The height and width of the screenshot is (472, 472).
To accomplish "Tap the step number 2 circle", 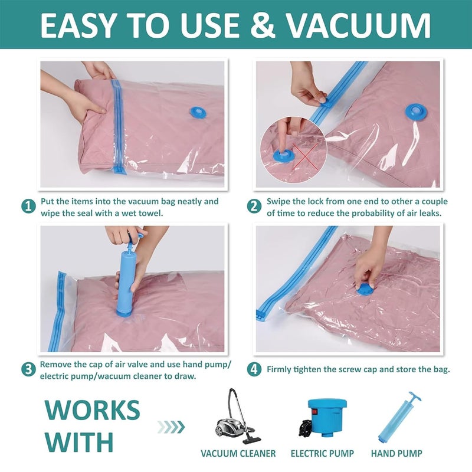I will coord(254,206).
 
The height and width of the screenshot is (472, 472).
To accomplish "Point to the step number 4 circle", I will coord(254,370).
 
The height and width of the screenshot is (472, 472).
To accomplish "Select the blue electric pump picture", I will coord(322,417).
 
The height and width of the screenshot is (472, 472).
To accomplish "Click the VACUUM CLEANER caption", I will coord(238,454).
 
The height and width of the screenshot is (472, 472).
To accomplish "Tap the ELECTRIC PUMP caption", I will coord(322,454).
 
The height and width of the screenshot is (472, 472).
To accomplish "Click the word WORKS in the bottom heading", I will coord(93,410).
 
